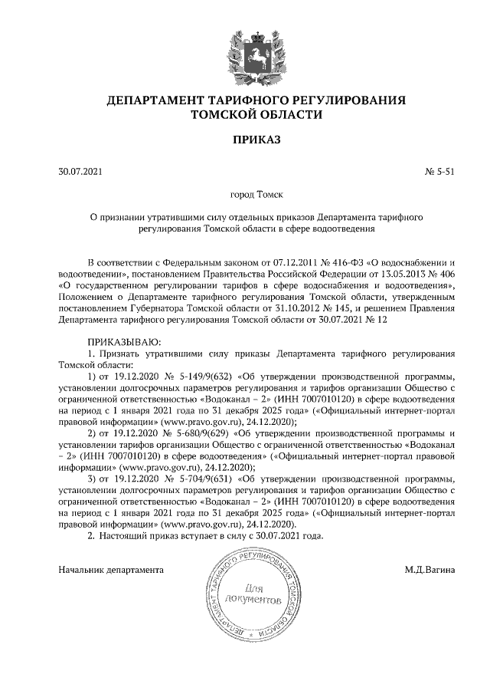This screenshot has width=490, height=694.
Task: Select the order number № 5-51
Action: tap(440, 172)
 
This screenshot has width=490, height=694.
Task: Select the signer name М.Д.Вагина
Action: tap(430, 570)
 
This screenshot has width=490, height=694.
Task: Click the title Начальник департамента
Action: tap(112, 570)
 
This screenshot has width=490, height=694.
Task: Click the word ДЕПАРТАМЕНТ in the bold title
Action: tap(156, 100)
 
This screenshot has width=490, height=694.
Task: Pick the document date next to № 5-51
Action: tap(80, 172)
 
